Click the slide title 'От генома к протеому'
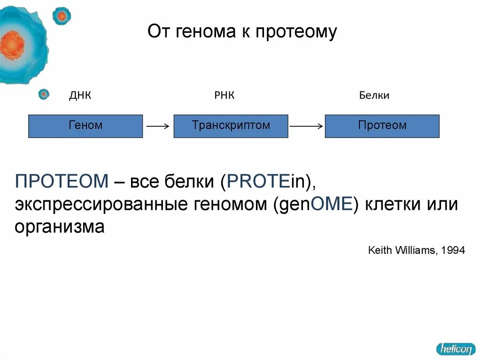pyautogui.click(x=242, y=32)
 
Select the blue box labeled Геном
pyautogui.click(x=85, y=126)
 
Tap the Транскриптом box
pyautogui.click(x=231, y=126)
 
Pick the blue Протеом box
pyautogui.click(x=382, y=126)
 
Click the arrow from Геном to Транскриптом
pyautogui.click(x=158, y=126)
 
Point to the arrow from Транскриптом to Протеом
pyautogui.click(x=306, y=126)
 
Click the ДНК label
pyautogui.click(x=80, y=96)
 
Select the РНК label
pyautogui.click(x=224, y=96)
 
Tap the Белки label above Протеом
pyautogui.click(x=374, y=96)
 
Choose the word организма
pyautogui.click(x=59, y=228)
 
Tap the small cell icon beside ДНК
pyautogui.click(x=44, y=94)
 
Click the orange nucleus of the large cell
pyautogui.click(x=12, y=45)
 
